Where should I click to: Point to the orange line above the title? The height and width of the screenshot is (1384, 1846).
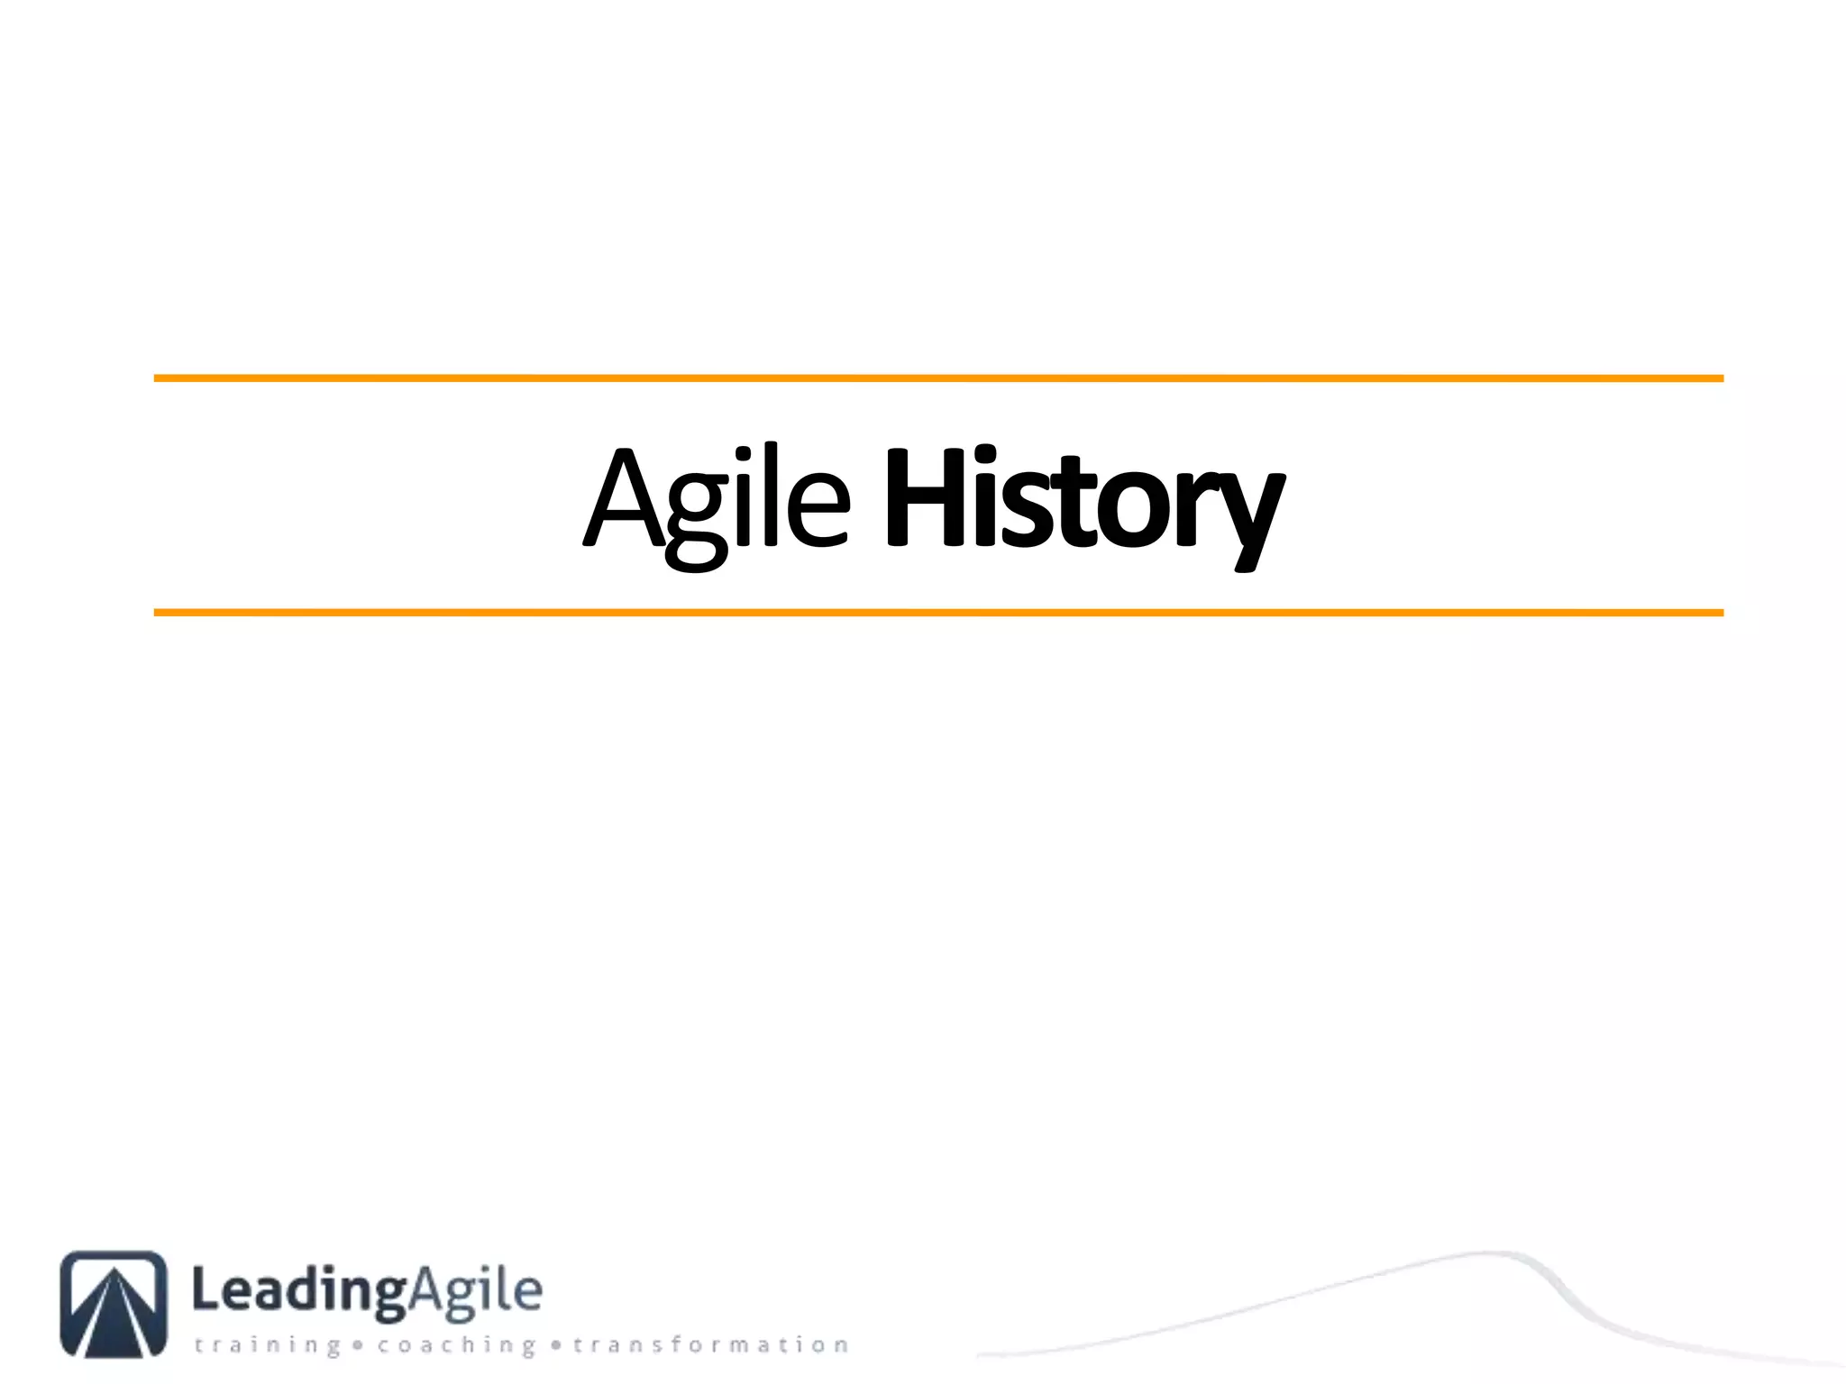tap(937, 378)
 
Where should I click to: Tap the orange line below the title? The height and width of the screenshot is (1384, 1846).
tap(937, 613)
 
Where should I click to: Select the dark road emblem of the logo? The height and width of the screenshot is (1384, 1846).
tap(114, 1303)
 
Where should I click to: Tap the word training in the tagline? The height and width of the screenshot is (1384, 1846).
tap(268, 1345)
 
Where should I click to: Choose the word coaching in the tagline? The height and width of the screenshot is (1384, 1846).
tap(456, 1345)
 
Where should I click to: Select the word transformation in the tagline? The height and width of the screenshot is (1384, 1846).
tap(710, 1345)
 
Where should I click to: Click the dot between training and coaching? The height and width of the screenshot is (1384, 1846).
tap(358, 1346)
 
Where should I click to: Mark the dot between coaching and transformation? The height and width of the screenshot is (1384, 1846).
tap(556, 1346)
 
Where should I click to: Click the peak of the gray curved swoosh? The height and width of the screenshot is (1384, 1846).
tap(1487, 1253)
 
